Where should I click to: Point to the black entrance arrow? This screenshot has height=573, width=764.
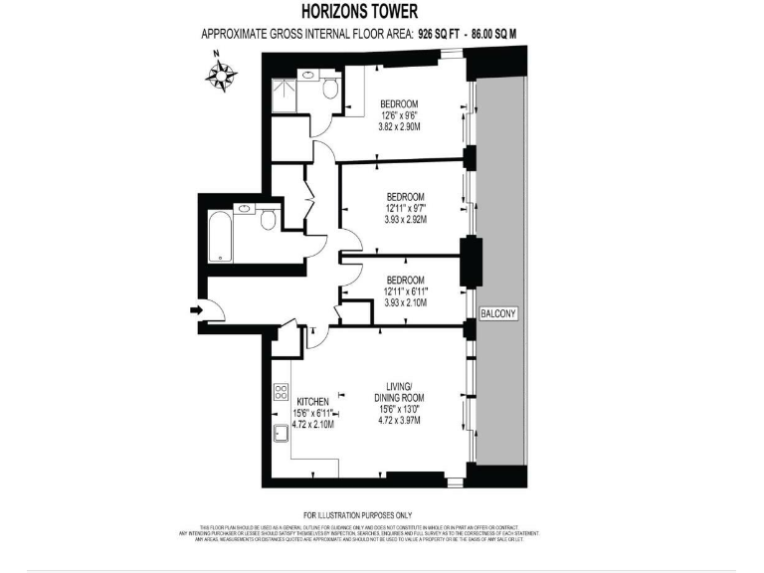[195, 310]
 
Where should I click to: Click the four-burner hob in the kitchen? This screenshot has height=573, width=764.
[282, 392]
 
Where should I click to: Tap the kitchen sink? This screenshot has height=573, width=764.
[282, 431]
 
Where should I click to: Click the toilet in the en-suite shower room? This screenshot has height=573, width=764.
[330, 90]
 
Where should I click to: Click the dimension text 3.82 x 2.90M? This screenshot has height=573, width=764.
[399, 127]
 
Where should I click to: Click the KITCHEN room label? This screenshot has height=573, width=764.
[311, 401]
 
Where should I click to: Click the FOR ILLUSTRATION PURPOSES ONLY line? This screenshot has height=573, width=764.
[357, 515]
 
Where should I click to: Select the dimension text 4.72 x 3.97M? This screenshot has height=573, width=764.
[399, 420]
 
